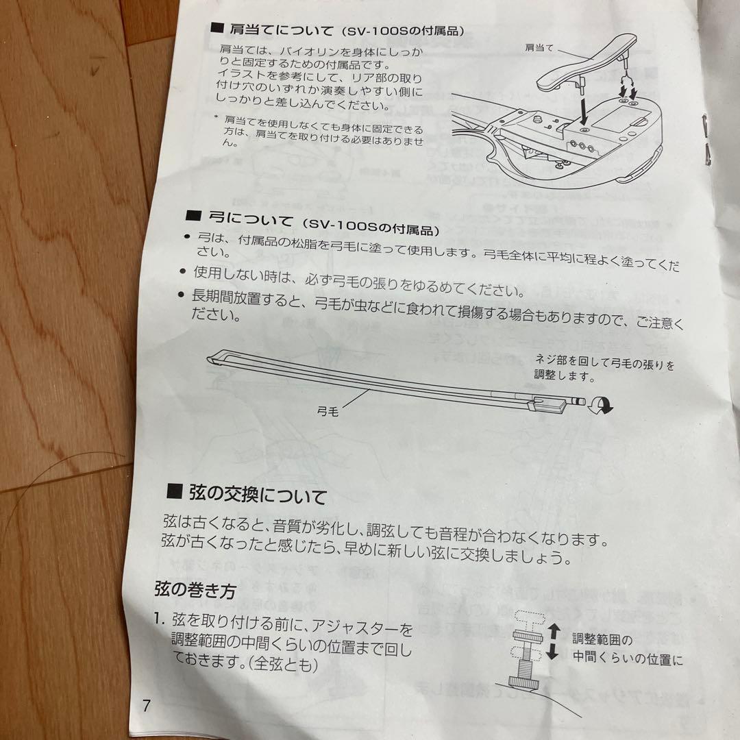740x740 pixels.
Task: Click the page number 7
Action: click(x=146, y=706)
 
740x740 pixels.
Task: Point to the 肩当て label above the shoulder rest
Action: click(x=541, y=48)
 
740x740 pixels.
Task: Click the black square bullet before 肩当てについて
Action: click(x=217, y=28)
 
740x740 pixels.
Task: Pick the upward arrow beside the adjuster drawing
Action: click(x=554, y=631)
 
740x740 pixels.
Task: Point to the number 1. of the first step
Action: click(x=160, y=621)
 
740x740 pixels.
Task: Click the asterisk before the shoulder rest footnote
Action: click(x=215, y=118)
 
